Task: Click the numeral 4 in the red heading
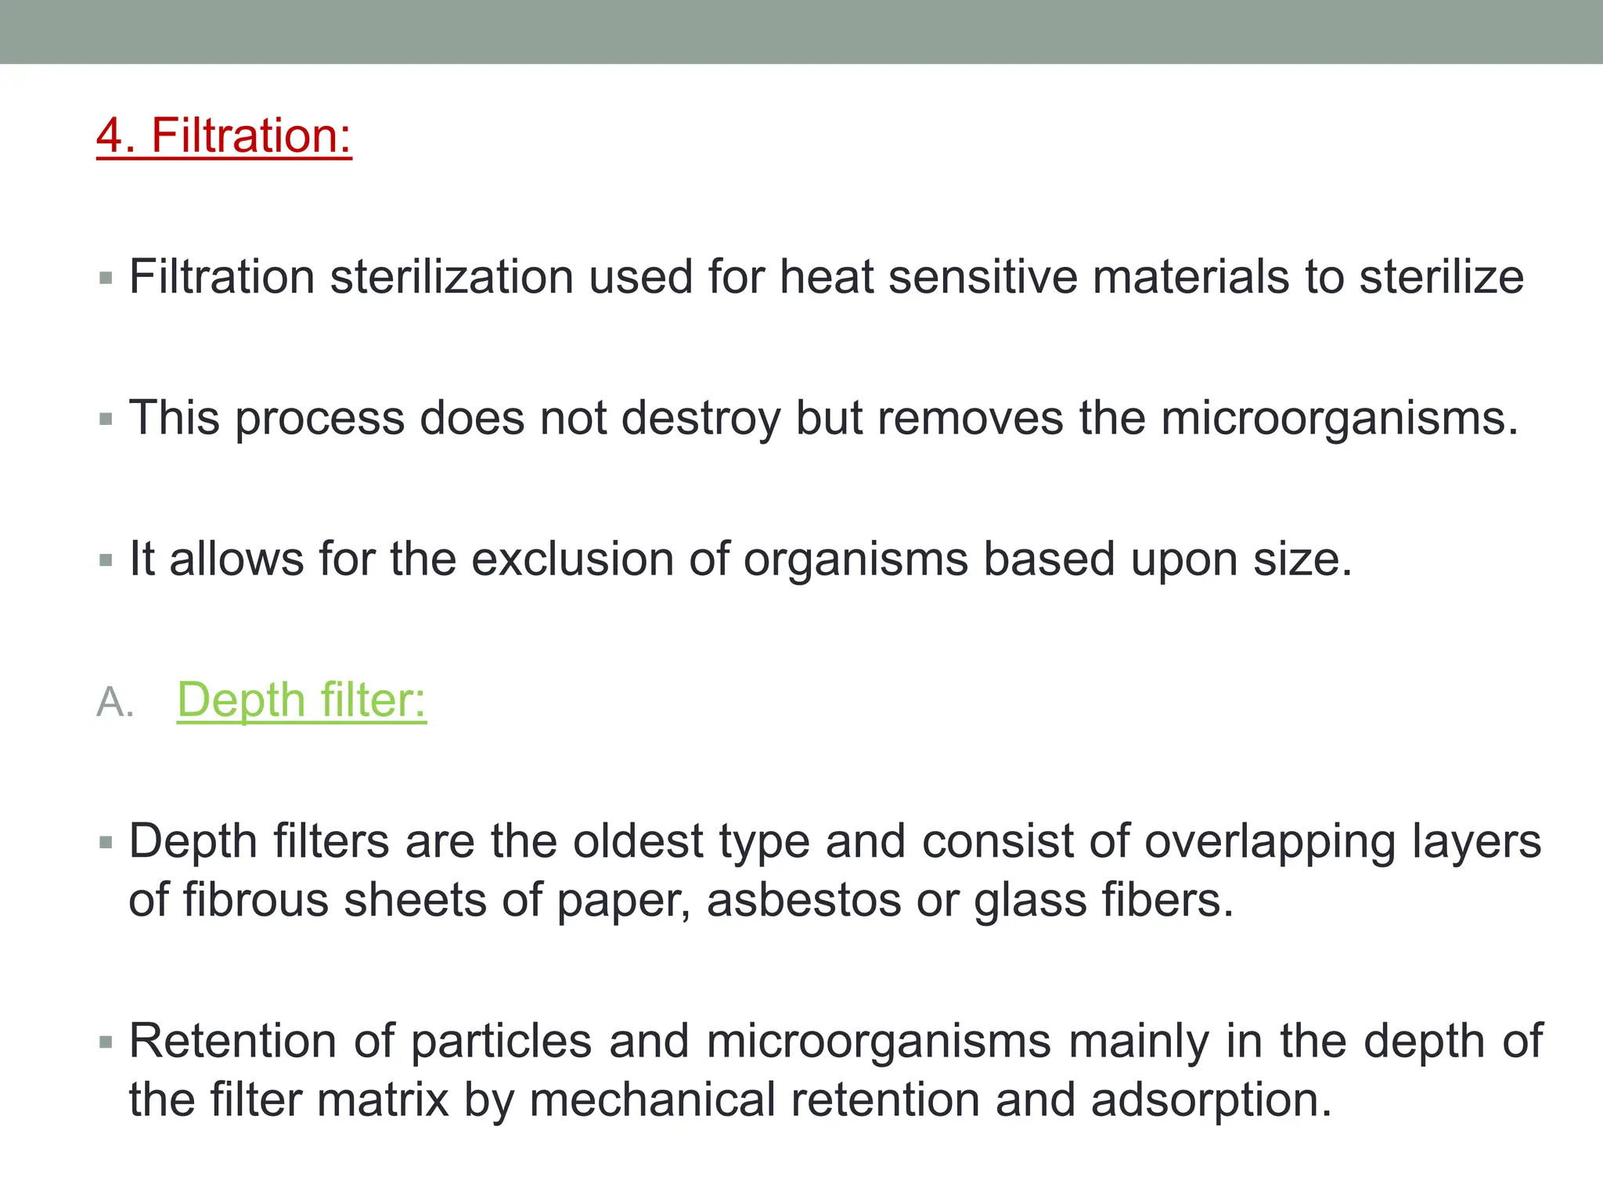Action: click(110, 135)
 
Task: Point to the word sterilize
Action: click(1441, 277)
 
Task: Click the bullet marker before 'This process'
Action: click(106, 419)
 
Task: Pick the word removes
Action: click(970, 418)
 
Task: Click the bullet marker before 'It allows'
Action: click(106, 560)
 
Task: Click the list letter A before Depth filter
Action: click(114, 702)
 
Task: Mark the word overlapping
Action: click(1270, 843)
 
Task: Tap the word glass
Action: click(1030, 901)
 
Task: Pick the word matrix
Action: click(383, 1099)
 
